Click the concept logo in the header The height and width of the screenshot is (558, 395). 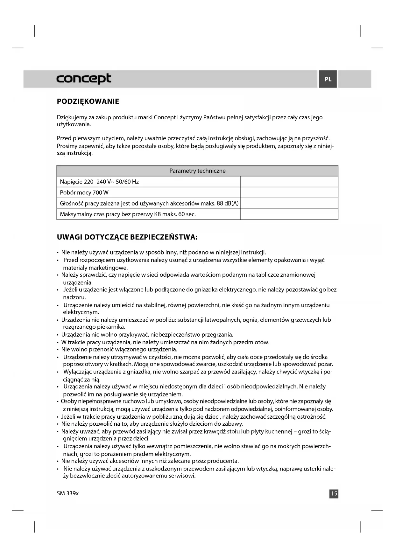(84, 79)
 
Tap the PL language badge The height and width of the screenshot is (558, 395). (328, 79)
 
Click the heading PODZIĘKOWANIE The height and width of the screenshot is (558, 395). (88, 101)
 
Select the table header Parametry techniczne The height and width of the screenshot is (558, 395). (197, 171)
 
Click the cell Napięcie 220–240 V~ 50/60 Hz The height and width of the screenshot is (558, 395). (99, 182)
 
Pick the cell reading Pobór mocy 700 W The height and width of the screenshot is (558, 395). (84, 193)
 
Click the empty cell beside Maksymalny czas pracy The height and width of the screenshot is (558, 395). (289, 214)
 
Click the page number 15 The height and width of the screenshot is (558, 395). (334, 493)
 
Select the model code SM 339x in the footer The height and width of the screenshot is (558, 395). (67, 493)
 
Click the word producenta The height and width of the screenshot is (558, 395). (223, 461)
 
